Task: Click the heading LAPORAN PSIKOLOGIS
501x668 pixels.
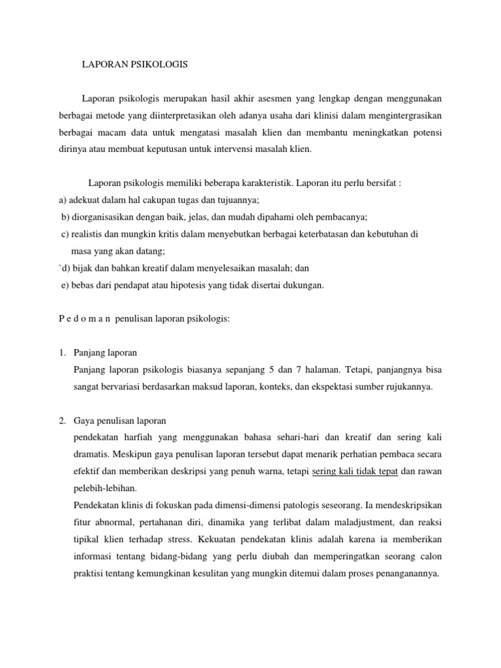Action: pyautogui.click(x=134, y=65)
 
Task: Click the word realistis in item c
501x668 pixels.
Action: pyautogui.click(x=88, y=234)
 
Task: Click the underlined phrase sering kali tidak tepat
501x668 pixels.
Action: pyautogui.click(x=356, y=472)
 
